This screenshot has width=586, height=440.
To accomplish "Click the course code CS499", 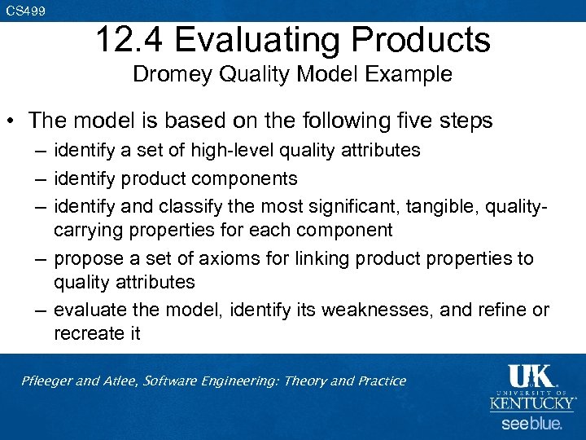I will (x=25, y=11).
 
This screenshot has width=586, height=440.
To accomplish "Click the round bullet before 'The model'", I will (x=14, y=121).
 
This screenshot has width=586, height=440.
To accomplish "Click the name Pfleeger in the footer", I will (x=47, y=381).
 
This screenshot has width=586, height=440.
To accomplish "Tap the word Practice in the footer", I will (x=377, y=381).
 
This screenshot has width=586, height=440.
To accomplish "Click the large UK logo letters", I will (x=530, y=376).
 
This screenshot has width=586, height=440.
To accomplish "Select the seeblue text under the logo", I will (x=531, y=424).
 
